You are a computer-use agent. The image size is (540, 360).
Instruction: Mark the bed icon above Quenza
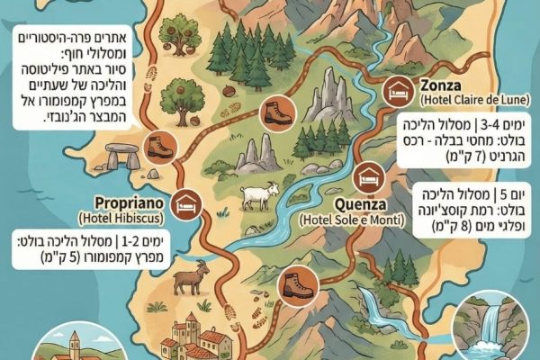click(x=367, y=175)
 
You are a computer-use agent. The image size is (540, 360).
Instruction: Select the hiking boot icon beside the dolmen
click(x=160, y=148)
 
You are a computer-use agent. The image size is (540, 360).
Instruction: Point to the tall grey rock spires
click(x=328, y=100)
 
